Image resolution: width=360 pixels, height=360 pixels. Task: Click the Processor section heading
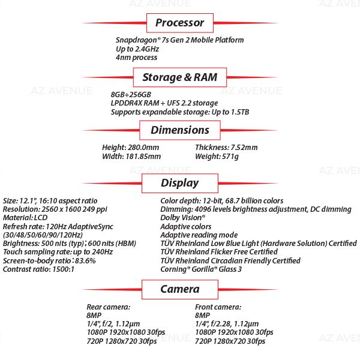[x=180, y=23]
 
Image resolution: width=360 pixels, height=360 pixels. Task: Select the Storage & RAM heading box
[x=180, y=77]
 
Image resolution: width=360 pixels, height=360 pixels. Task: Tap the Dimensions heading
[x=180, y=130]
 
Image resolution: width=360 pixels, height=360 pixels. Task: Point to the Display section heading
[x=180, y=183]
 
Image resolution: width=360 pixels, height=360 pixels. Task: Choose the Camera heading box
[x=180, y=289]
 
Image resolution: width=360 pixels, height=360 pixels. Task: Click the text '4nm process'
[x=137, y=58]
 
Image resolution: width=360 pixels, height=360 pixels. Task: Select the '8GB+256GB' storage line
[x=131, y=94]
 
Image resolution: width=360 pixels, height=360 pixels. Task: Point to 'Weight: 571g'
[x=217, y=157]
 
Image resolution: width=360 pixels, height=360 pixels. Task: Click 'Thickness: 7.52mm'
[x=226, y=148]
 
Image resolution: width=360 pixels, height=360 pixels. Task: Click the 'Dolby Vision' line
[x=183, y=218]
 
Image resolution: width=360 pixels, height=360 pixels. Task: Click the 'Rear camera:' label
[x=106, y=307]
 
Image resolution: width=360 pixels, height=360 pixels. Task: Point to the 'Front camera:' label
[x=217, y=307]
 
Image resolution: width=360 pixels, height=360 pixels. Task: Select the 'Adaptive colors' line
[x=186, y=227]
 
